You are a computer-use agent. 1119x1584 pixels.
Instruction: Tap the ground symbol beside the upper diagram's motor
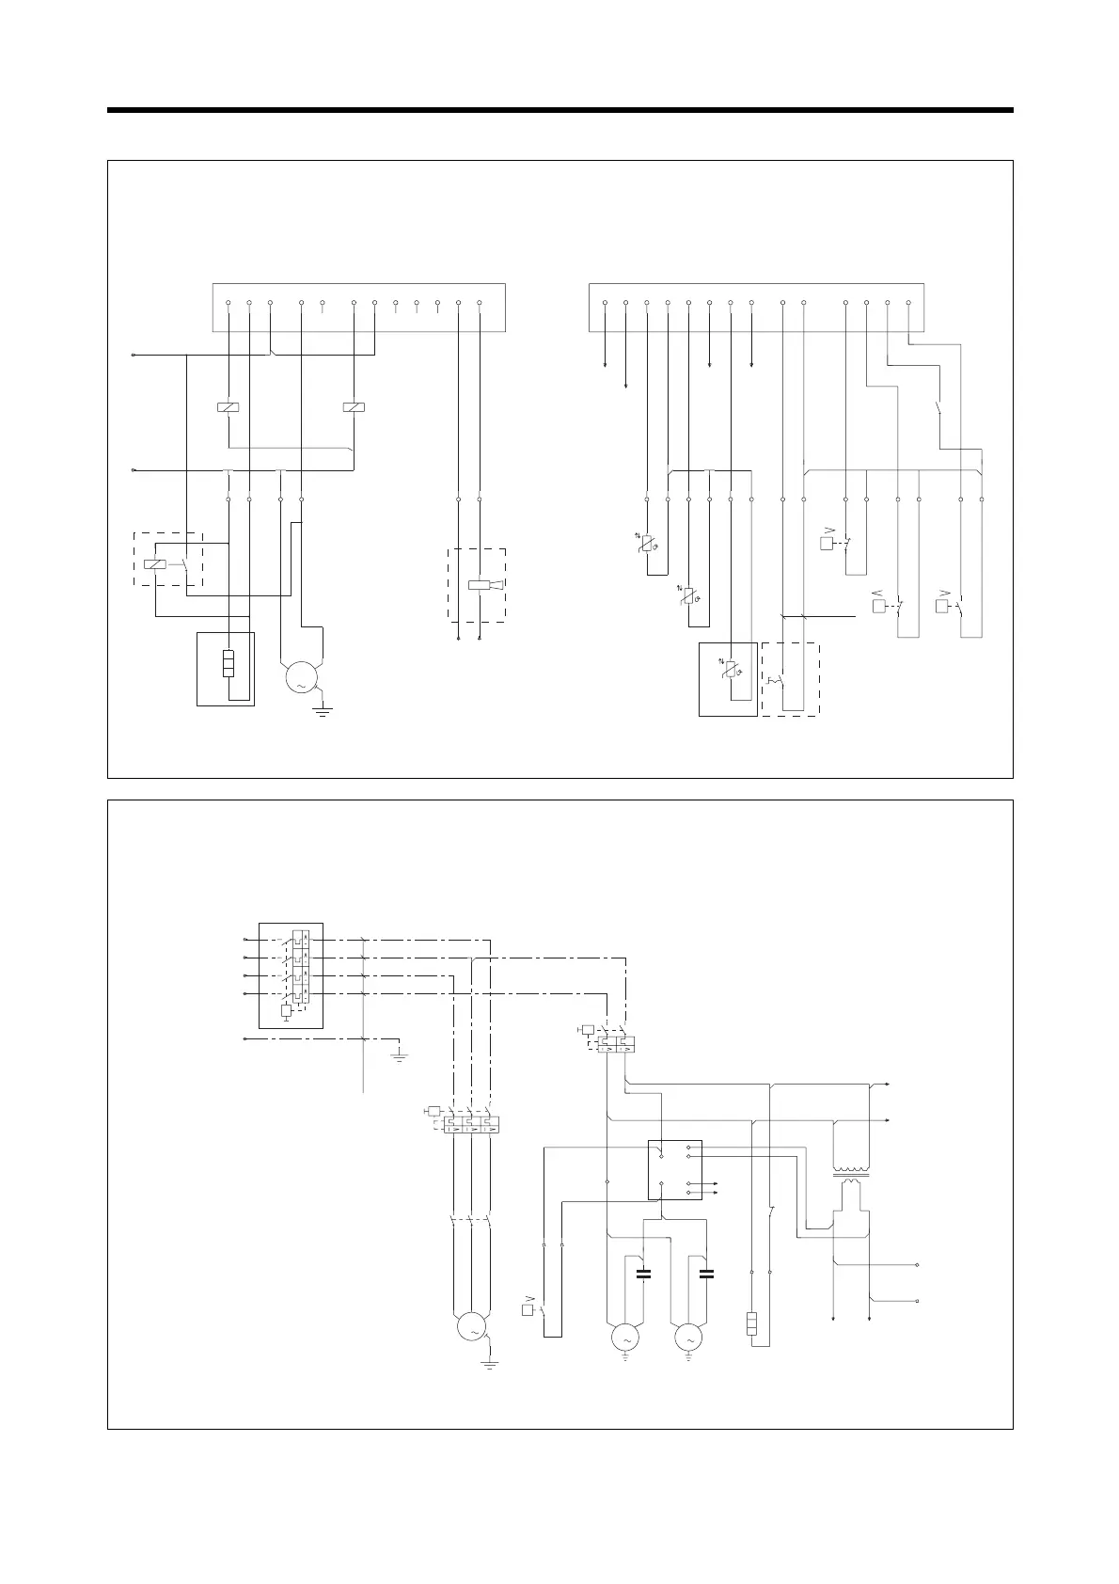click(323, 710)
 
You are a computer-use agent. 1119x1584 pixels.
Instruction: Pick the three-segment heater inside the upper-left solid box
click(226, 663)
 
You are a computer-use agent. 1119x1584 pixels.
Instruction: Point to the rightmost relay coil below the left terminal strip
click(354, 407)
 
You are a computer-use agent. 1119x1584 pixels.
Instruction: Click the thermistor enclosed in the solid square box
click(731, 673)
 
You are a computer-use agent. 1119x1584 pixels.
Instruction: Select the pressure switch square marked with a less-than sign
click(880, 607)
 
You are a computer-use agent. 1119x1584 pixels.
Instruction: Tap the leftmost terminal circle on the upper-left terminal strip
click(229, 303)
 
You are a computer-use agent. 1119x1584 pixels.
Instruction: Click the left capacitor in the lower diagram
click(644, 1275)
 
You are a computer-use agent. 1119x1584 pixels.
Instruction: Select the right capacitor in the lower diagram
click(707, 1275)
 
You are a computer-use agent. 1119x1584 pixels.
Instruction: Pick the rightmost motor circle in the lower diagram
click(688, 1337)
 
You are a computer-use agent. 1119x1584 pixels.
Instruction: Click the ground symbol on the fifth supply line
click(400, 1056)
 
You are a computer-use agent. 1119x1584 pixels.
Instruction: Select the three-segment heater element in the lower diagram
click(752, 1324)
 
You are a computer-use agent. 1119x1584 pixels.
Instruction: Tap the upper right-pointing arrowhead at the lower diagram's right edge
click(888, 1085)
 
